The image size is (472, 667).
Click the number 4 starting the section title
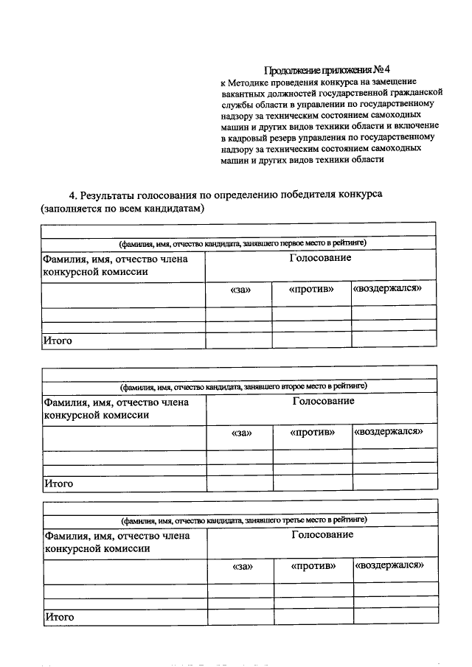(x=72, y=195)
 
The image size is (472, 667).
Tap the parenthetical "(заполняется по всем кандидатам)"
(x=122, y=209)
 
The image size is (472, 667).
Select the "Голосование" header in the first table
(x=320, y=259)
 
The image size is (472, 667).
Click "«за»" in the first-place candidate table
(x=240, y=290)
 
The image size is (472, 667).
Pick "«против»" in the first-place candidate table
(x=311, y=289)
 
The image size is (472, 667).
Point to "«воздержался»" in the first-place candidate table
(x=388, y=288)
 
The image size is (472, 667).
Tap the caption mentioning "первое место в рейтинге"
(x=243, y=242)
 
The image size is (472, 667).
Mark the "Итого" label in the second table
(x=58, y=483)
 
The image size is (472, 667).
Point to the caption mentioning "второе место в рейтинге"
(x=243, y=385)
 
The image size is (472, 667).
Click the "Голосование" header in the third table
(x=322, y=534)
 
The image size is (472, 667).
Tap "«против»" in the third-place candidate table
(x=313, y=566)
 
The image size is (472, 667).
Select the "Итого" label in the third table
(x=60, y=616)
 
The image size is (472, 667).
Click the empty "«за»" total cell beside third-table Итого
(x=240, y=616)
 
